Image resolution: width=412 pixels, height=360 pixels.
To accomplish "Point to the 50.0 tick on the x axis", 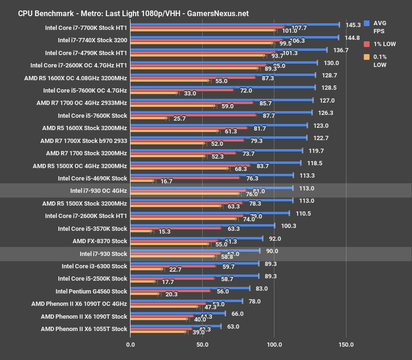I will pos(202,344).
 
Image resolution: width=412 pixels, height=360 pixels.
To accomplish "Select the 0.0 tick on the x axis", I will pos(130,344).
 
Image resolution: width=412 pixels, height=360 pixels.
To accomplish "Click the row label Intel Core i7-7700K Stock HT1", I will pos(85,28).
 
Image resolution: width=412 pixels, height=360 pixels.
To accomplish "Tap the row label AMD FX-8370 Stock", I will pos(100,241).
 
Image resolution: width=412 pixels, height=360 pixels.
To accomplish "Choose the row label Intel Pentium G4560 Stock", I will pos(91,291).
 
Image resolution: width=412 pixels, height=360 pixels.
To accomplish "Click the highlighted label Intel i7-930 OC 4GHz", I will pos(98,190).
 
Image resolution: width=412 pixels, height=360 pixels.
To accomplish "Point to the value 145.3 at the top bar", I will pos(353,25).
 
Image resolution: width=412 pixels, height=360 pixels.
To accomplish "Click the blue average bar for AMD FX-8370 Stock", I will pos(196,238).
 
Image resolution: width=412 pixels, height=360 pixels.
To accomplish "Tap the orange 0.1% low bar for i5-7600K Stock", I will pos(149,118).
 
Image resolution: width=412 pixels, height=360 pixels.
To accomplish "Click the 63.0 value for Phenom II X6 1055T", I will pos(233,326).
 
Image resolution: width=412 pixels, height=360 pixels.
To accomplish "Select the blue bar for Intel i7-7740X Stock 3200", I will pos(234,37).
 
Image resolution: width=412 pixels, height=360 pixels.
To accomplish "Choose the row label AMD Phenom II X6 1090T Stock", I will pos(84,316).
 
